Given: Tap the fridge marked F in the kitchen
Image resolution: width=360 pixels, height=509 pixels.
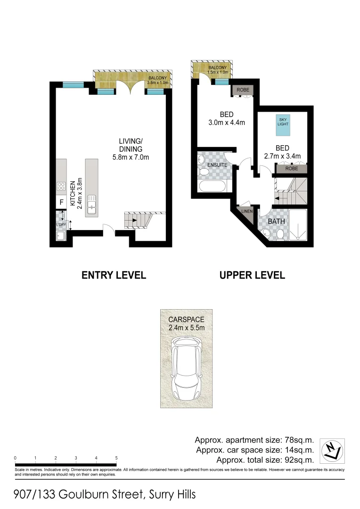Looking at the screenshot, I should click(61, 203).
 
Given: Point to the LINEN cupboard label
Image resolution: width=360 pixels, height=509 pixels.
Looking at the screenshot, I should click(247, 211).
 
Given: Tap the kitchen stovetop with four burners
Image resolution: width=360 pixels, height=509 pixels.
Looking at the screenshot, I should click(61, 186).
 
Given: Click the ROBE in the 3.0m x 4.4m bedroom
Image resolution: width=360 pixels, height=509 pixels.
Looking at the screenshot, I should click(243, 90).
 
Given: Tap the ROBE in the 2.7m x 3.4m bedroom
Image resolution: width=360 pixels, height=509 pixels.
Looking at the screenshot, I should click(291, 168).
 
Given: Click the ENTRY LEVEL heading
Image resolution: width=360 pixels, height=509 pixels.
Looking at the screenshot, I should click(114, 275).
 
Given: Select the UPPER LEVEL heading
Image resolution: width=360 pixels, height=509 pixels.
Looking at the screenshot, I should click(252, 275).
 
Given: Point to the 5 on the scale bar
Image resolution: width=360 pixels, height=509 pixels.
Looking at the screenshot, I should click(116, 458).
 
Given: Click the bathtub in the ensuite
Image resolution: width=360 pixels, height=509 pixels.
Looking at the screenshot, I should click(211, 187).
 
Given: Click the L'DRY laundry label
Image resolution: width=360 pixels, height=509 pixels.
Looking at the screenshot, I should click(60, 224).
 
